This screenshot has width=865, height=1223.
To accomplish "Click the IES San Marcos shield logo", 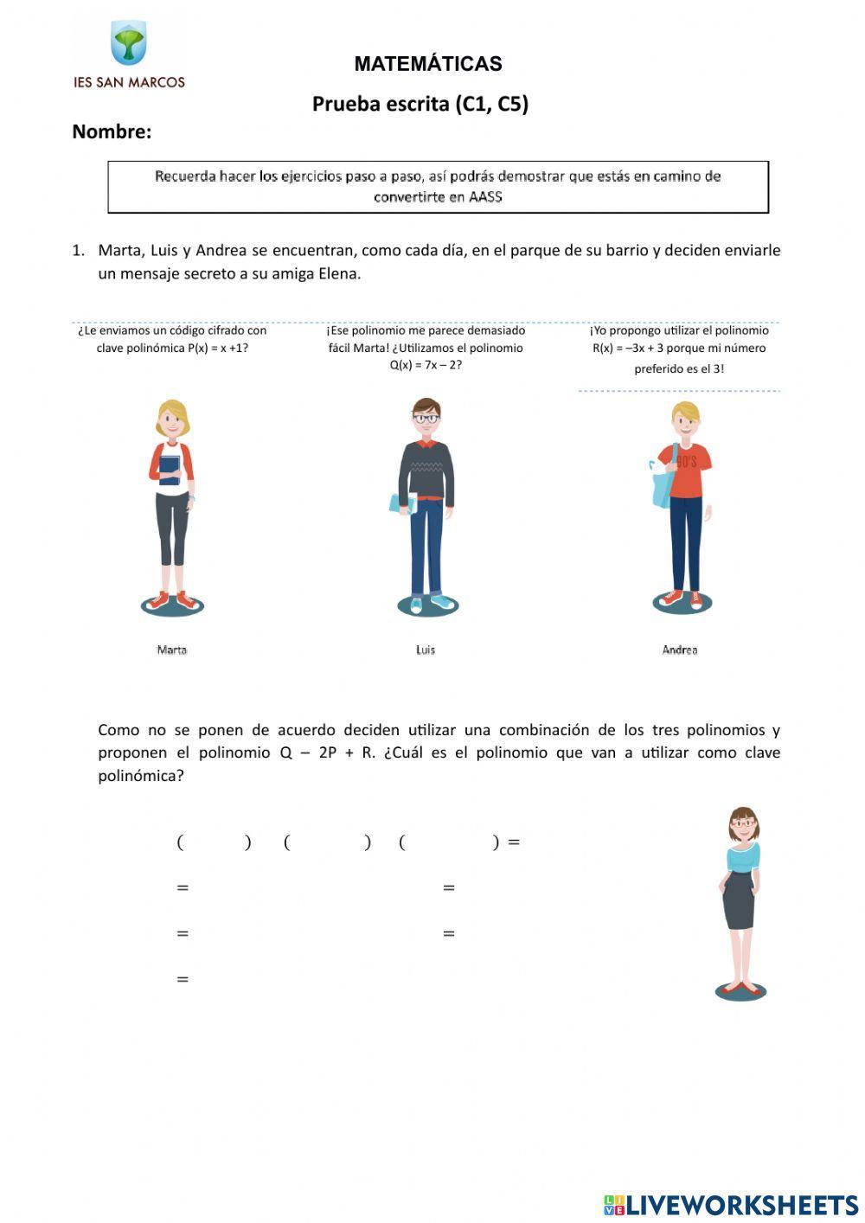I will (129, 43).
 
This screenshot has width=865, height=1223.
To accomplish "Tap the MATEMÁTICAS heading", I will (427, 64).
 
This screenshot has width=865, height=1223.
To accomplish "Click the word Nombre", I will (111, 132).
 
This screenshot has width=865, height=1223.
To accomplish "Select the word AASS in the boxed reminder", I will (485, 197).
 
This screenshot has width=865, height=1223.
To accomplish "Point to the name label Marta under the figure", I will (171, 650).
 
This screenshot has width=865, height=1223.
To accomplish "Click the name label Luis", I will (425, 650).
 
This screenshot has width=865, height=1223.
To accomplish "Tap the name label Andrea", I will (679, 650).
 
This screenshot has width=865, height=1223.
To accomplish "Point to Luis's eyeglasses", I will (425, 419).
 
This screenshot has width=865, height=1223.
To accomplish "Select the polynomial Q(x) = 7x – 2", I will (426, 365).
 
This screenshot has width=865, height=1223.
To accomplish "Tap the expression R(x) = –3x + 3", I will (627, 349).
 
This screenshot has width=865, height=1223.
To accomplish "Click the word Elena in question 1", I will (337, 274).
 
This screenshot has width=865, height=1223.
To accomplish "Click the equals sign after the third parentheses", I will (514, 842).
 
